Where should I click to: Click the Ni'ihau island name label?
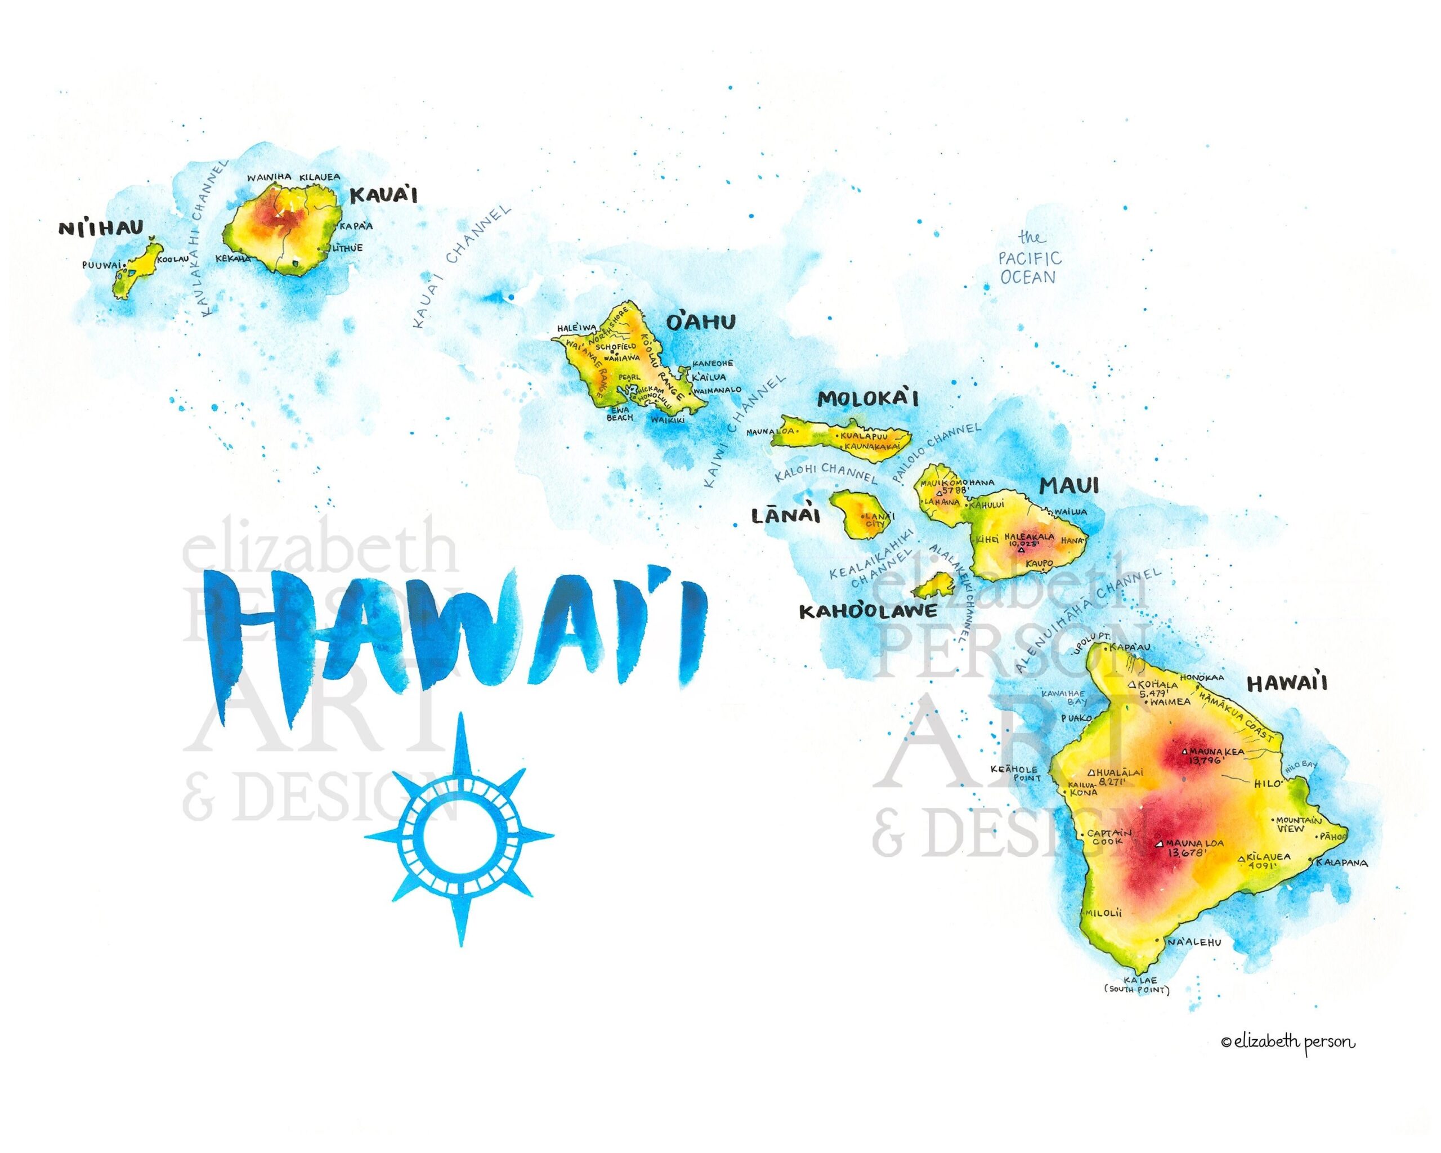click(x=101, y=229)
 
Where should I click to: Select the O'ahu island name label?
click(x=700, y=323)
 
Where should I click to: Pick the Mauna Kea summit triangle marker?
click(x=1184, y=750)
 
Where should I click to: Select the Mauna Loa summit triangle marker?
click(x=1160, y=843)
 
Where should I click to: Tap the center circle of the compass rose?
click(x=459, y=836)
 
